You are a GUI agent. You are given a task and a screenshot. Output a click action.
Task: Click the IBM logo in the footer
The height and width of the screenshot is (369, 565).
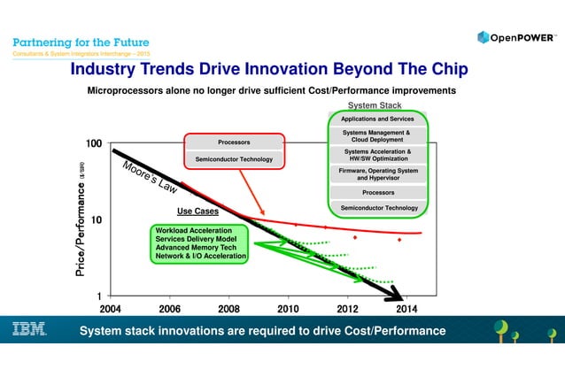(x=28, y=330)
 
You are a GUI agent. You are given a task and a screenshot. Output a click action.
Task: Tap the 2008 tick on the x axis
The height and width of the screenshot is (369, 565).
(x=228, y=308)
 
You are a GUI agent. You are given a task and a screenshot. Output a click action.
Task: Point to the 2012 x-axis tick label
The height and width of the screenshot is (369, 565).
(x=347, y=308)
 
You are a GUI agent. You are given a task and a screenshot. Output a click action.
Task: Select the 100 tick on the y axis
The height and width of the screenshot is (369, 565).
(x=92, y=143)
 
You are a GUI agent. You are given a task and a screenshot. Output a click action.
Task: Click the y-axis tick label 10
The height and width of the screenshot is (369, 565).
(x=97, y=219)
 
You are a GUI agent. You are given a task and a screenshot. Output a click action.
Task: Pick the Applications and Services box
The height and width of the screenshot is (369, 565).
(x=378, y=119)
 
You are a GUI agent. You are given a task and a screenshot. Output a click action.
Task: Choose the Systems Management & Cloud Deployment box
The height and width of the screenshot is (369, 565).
(x=378, y=135)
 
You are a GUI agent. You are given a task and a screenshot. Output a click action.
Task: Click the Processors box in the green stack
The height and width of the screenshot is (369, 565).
(x=378, y=191)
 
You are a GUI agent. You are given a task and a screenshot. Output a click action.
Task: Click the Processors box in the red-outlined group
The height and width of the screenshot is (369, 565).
(x=234, y=142)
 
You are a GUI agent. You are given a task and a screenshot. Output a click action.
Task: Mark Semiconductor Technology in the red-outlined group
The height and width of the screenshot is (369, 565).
(x=234, y=159)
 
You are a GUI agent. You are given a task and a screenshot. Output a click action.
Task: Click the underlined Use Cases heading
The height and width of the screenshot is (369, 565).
(x=197, y=211)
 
